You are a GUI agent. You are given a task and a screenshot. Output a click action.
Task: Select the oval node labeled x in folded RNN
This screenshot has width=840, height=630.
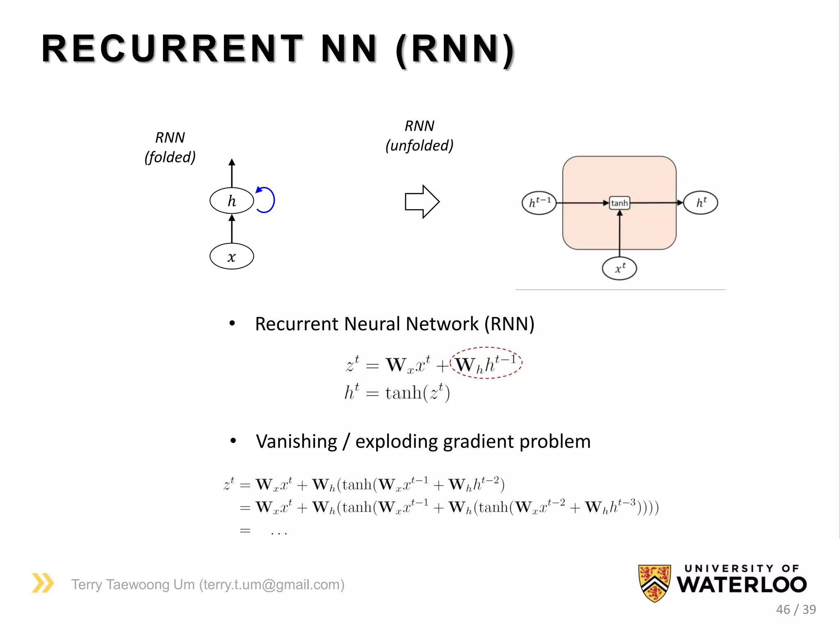[x=231, y=256]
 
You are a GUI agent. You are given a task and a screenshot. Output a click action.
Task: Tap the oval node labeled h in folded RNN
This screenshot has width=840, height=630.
[x=231, y=201]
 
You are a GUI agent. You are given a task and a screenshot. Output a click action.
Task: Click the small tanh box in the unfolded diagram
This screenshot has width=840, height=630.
[x=619, y=203]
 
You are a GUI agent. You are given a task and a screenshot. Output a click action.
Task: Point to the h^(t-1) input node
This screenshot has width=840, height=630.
[x=539, y=203]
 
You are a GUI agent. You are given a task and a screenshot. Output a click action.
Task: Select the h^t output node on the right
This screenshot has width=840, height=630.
[x=701, y=203]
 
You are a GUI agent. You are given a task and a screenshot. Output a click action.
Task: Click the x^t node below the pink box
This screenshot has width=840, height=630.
[x=619, y=269]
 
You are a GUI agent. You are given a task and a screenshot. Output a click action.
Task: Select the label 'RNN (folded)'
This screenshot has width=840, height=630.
[x=170, y=147]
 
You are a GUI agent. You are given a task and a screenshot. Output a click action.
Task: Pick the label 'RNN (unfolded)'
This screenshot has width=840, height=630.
[x=419, y=136]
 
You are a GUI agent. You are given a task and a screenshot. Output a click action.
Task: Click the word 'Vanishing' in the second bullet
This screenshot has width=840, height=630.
[x=296, y=442]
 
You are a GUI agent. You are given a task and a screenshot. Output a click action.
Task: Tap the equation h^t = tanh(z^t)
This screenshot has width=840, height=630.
[x=397, y=393]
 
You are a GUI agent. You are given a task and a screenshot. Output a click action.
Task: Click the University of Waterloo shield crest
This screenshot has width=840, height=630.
[x=654, y=583]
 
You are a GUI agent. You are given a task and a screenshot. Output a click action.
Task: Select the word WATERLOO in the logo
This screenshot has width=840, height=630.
[x=742, y=585]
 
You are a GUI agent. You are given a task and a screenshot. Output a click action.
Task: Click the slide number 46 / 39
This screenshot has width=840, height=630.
[x=796, y=609]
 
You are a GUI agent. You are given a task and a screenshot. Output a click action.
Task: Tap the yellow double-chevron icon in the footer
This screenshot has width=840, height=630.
[x=43, y=583]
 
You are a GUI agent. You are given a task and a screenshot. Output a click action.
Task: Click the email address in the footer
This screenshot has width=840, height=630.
[x=272, y=584]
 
